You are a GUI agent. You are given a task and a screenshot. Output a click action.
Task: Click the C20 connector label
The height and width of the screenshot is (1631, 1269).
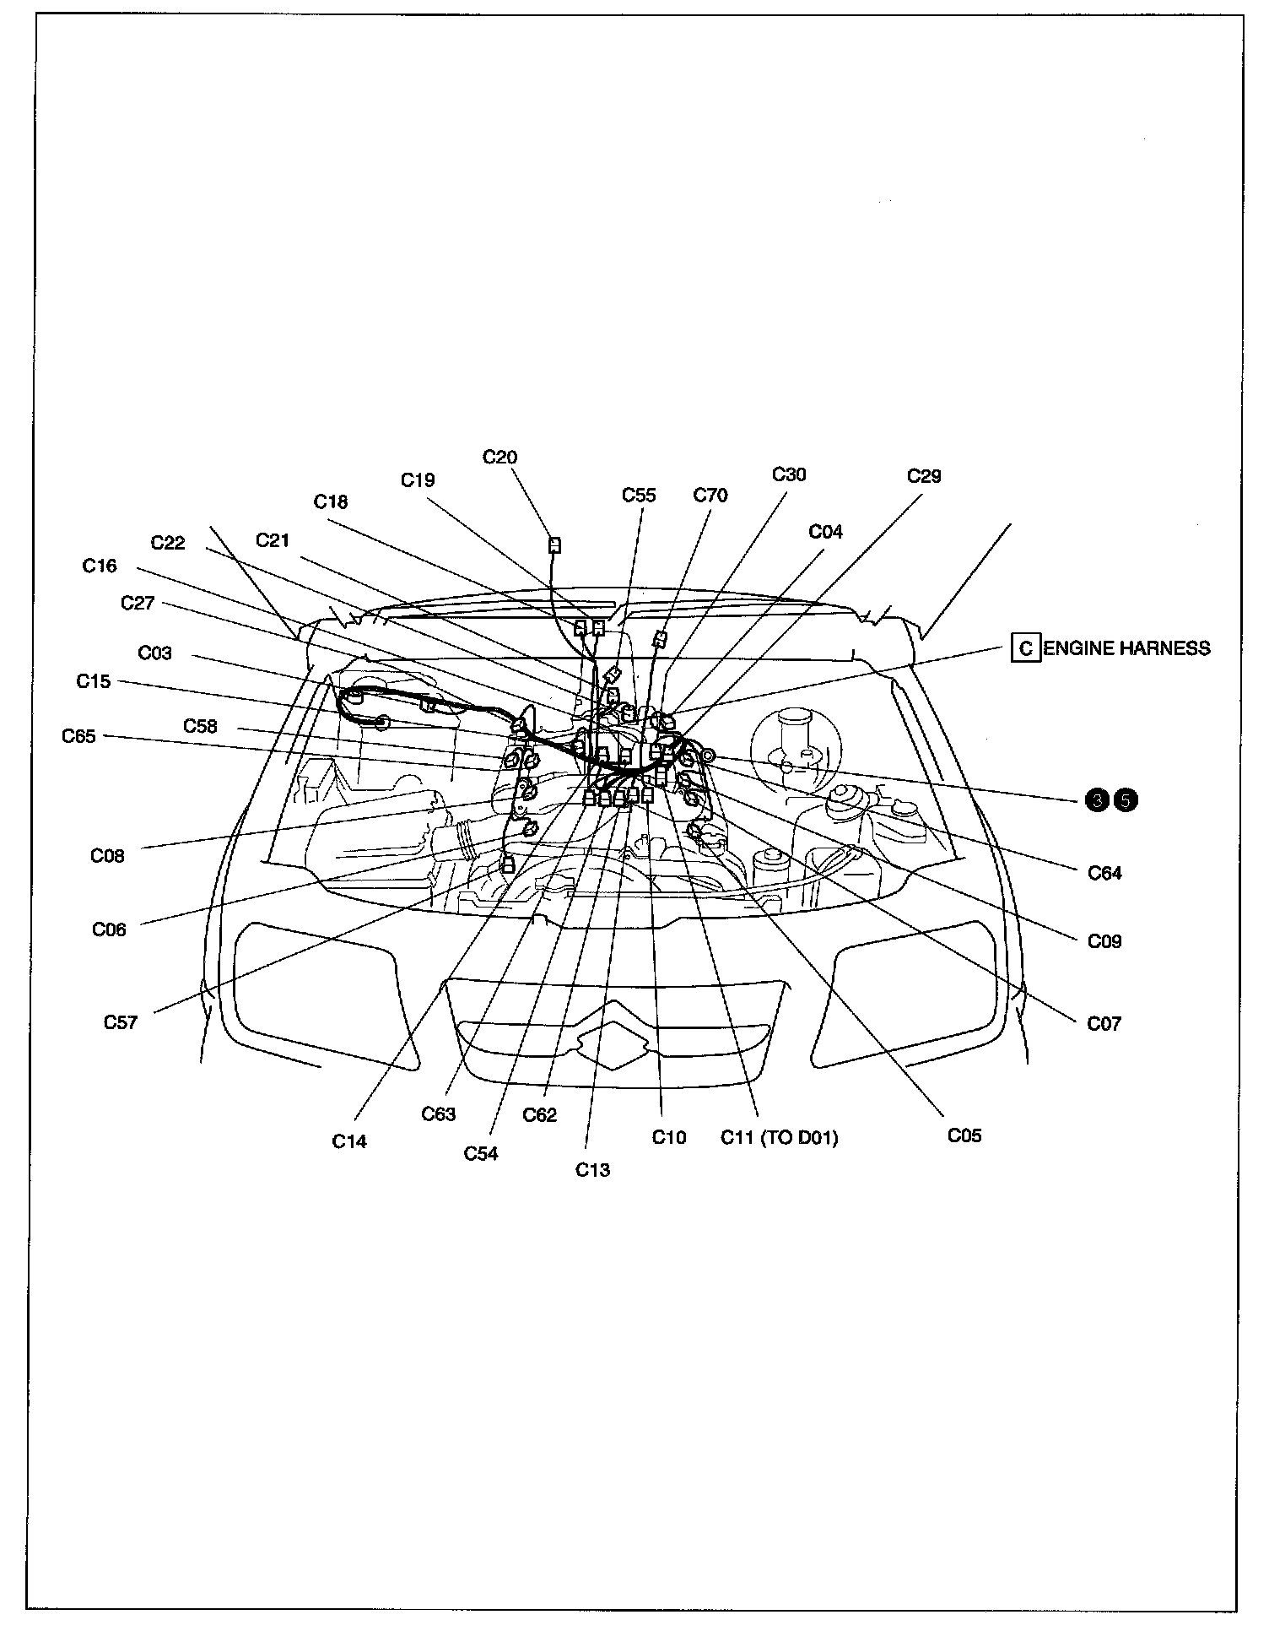pyautogui.click(x=499, y=458)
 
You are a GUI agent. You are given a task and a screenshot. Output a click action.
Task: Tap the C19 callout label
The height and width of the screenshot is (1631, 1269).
pyautogui.click(x=418, y=480)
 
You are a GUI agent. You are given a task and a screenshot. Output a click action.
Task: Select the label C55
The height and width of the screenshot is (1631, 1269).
pyautogui.click(x=639, y=496)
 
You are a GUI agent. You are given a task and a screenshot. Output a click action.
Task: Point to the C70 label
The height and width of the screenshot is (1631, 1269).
pyautogui.click(x=710, y=496)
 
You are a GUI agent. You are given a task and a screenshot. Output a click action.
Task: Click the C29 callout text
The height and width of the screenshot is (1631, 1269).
pyautogui.click(x=924, y=476)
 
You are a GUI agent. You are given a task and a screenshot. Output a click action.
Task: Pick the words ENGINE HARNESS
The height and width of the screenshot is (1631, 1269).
pyautogui.click(x=1127, y=648)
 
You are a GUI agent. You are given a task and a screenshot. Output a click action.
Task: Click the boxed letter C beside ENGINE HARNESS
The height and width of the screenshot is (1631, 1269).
pyautogui.click(x=1025, y=648)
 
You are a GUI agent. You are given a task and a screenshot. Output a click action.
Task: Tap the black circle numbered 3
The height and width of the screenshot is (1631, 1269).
pyautogui.click(x=1098, y=799)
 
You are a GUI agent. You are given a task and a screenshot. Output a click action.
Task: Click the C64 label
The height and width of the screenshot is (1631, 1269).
pyautogui.click(x=1104, y=873)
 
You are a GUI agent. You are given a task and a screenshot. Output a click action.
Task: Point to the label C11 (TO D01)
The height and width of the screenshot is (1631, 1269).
pyautogui.click(x=780, y=1137)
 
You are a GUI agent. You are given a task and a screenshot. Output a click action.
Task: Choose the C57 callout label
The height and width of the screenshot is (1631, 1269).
pyautogui.click(x=121, y=1022)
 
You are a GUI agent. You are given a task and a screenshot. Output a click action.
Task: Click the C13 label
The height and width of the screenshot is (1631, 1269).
pyautogui.click(x=592, y=1169)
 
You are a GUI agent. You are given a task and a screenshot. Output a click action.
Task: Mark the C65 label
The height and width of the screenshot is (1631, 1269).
pyautogui.click(x=79, y=736)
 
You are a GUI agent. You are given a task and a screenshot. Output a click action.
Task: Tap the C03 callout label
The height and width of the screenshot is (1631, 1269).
pyautogui.click(x=154, y=653)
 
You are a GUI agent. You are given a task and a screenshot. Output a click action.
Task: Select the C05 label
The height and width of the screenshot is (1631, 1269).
pyautogui.click(x=964, y=1135)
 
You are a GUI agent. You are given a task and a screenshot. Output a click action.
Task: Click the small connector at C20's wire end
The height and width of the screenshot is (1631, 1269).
pyautogui.click(x=554, y=545)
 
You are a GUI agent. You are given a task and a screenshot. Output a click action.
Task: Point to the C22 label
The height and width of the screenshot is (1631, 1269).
pyautogui.click(x=168, y=542)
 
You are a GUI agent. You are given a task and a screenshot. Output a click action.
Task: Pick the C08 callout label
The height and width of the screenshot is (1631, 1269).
pyautogui.click(x=108, y=856)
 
